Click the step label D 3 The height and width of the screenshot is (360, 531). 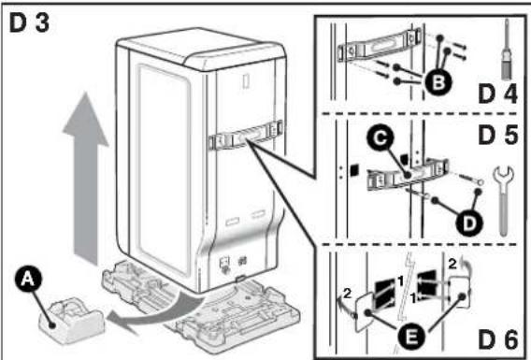click(x=30, y=23)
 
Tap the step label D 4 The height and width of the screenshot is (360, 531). click(x=498, y=94)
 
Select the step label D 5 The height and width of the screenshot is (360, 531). click(x=498, y=135)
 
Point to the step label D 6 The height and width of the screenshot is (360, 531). click(x=498, y=339)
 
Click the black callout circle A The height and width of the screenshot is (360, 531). click(x=28, y=280)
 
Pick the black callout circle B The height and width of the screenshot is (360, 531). click(x=438, y=82)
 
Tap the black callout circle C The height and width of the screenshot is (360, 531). click(x=381, y=138)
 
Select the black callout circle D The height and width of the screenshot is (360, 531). click(x=469, y=223)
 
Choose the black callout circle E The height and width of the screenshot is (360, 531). click(x=411, y=337)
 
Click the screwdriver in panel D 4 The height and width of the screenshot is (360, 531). click(x=507, y=50)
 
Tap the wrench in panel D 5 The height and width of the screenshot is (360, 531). click(x=504, y=200)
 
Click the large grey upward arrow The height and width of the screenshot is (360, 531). click(x=86, y=178)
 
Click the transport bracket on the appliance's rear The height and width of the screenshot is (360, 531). click(x=246, y=137)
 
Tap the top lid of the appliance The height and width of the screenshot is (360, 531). click(x=200, y=48)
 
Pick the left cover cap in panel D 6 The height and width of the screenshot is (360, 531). click(x=364, y=312)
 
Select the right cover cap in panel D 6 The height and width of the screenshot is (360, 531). click(x=459, y=292)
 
